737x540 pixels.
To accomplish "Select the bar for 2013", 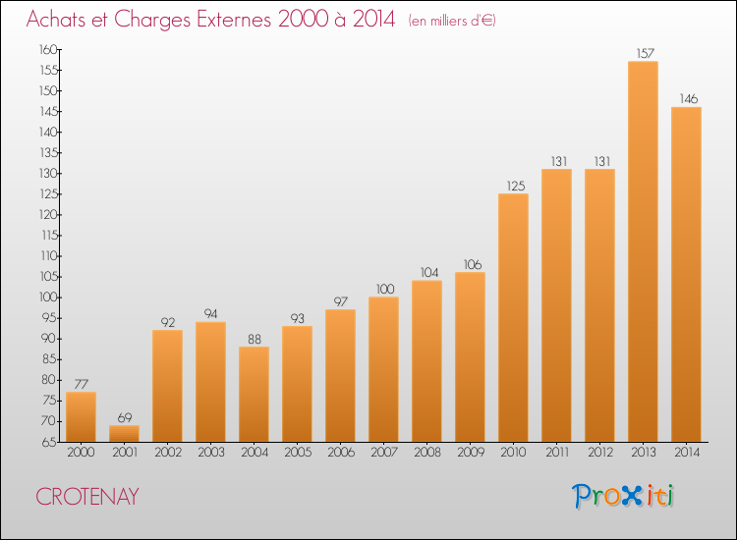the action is click(643, 251).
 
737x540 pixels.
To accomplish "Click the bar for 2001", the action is click(124, 433).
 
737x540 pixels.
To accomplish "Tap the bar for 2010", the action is click(513, 318).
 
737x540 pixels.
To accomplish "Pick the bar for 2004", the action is click(254, 395).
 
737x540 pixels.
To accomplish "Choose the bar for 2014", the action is click(686, 275).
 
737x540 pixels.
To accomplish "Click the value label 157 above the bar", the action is click(646, 54).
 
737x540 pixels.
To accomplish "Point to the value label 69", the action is click(125, 417).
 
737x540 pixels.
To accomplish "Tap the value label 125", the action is click(516, 186).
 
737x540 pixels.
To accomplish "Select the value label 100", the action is click(385, 289).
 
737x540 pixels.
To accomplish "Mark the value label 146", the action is click(689, 98).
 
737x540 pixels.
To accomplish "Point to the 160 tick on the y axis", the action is click(48, 49).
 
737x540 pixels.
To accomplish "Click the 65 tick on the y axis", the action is click(50, 443).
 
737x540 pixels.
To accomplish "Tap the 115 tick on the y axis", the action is click(49, 236).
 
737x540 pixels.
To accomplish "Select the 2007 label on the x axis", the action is click(384, 453).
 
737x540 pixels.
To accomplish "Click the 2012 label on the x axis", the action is click(600, 453).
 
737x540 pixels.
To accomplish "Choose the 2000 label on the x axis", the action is click(81, 453).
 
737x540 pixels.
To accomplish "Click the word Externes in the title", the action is click(234, 20).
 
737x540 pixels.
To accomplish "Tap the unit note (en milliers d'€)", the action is click(452, 21).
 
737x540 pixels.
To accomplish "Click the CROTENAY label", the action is click(87, 497).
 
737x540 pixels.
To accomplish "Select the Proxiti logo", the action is click(623, 496).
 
